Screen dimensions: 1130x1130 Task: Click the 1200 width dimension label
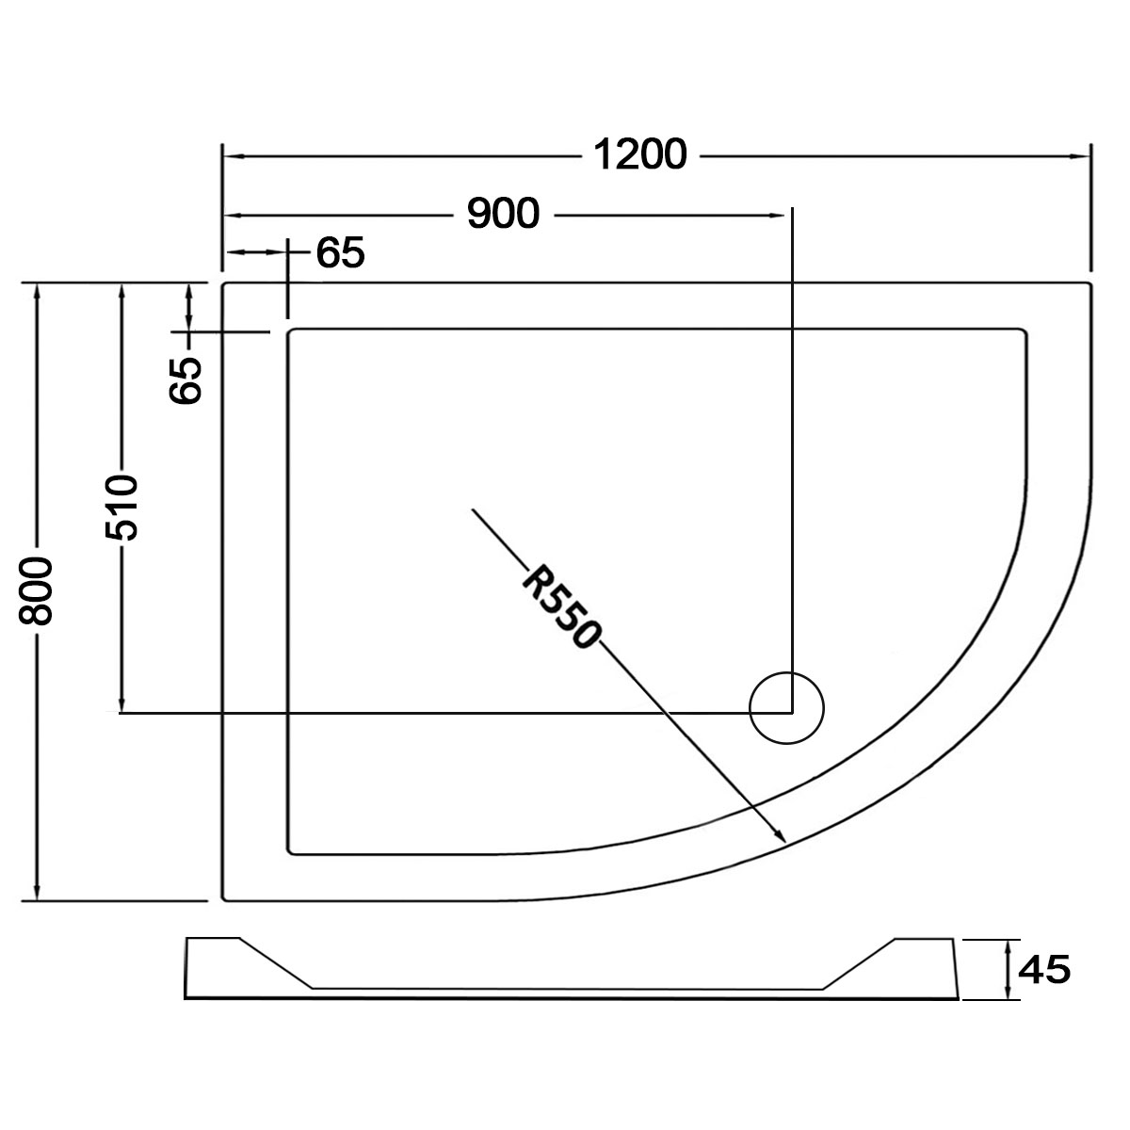(639, 154)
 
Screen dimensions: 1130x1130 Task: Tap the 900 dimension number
(503, 214)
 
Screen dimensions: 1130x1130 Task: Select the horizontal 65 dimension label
(341, 252)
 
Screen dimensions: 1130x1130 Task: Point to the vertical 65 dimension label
(186, 380)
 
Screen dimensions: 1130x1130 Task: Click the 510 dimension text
(121, 508)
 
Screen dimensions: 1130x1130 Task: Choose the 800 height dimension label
(36, 591)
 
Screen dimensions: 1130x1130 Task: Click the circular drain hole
(787, 708)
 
